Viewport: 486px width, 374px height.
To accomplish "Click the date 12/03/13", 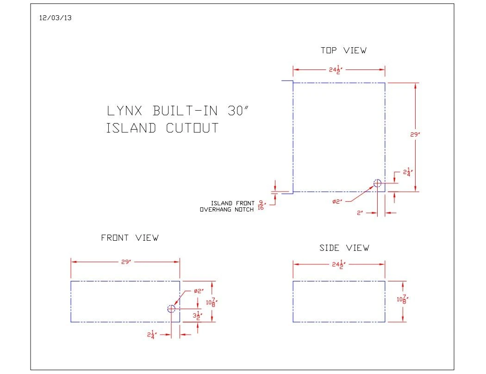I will click(55, 18).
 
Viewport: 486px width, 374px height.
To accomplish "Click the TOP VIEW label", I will click(343, 50).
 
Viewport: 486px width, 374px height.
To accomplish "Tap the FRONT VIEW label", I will click(130, 238).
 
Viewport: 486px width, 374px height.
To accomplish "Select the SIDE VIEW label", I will click(344, 248).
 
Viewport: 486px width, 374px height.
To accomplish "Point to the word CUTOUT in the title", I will click(192, 128).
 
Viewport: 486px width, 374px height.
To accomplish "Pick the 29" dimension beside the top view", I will click(415, 135).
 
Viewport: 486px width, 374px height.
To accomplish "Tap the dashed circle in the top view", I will click(377, 183).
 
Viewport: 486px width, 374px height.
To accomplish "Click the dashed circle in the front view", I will click(171, 309).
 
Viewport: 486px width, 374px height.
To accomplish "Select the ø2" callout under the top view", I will click(337, 202).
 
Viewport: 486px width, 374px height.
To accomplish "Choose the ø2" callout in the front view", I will click(199, 291).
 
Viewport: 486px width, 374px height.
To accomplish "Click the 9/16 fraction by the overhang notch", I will click(262, 206).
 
